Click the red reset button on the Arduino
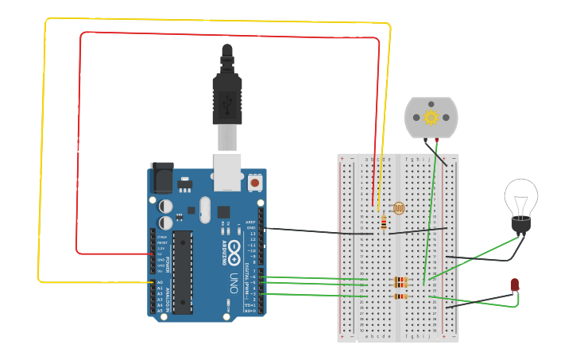point(254,183)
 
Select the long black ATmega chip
point(183,271)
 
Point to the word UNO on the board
point(234,282)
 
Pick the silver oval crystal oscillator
point(205,210)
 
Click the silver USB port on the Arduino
point(227,172)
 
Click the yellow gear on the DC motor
point(431,118)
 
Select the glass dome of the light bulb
point(520,195)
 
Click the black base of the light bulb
point(520,224)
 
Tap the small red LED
point(515,285)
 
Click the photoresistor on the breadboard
point(399,208)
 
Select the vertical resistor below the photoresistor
point(385,224)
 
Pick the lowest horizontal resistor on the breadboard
point(401,296)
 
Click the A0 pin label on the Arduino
point(159,282)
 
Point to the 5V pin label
point(160,254)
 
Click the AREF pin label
point(251,223)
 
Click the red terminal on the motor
point(436,140)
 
